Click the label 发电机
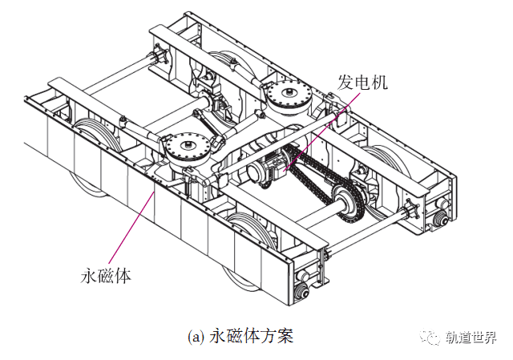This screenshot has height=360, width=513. (362, 83)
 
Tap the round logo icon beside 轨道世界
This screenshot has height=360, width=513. (433, 337)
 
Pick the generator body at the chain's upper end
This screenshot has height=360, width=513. (268, 172)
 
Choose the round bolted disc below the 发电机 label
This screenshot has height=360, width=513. (288, 98)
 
